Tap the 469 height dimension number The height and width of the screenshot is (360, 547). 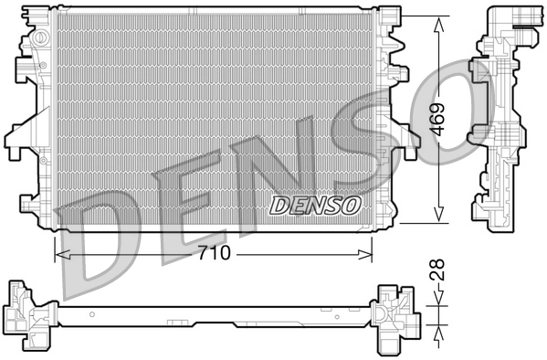[440, 116]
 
